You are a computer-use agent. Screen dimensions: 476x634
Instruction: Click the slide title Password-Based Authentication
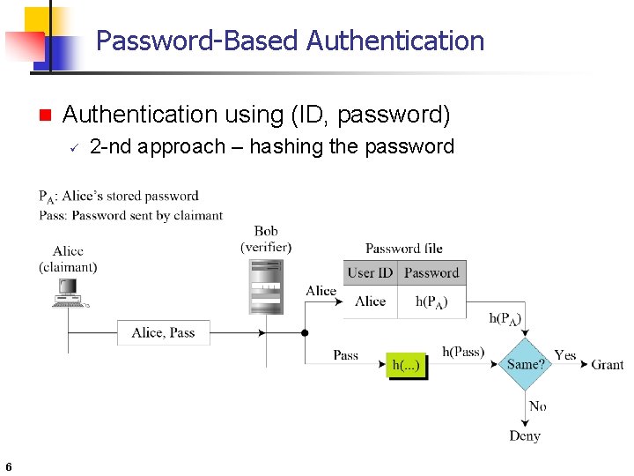[290, 41]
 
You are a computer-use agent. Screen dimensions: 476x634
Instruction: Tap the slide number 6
[8, 466]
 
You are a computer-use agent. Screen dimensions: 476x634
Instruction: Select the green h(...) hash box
[407, 365]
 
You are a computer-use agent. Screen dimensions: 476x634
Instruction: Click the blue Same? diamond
[525, 363]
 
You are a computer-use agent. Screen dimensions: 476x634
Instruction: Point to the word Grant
[607, 364]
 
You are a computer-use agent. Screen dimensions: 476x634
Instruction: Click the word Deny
[525, 435]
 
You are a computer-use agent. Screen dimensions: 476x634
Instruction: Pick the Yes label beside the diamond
[565, 355]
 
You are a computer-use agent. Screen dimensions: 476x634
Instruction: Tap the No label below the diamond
[537, 406]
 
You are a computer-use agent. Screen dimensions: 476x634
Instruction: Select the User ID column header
[370, 272]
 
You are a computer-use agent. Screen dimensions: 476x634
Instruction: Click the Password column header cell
[431, 272]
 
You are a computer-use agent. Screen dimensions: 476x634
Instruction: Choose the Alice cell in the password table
[370, 301]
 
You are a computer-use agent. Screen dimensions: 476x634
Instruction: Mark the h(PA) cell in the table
[431, 301]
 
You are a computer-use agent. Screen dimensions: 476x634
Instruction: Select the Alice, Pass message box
[164, 332]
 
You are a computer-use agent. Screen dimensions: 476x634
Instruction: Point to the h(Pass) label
[463, 352]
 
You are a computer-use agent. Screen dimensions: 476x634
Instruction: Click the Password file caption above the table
[404, 249]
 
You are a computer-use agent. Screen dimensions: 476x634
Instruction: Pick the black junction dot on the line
[305, 333]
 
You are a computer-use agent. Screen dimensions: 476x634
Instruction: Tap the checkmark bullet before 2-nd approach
[75, 147]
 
